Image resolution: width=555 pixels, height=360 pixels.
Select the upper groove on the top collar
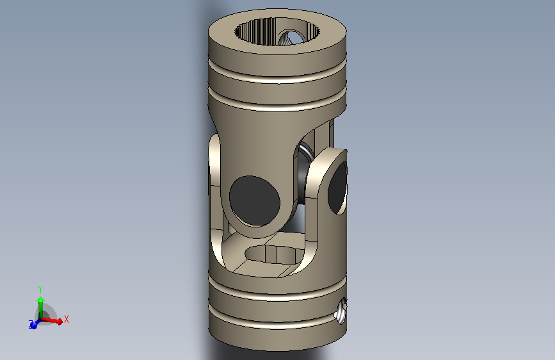point(277,78)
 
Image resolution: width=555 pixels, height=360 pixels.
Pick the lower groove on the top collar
point(277,106)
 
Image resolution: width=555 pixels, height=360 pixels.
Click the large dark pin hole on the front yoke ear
point(254,200)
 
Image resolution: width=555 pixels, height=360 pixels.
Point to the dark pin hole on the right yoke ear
point(337,188)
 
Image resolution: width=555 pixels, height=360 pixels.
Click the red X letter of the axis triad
point(66,318)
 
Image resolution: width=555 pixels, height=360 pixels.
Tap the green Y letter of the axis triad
point(40,289)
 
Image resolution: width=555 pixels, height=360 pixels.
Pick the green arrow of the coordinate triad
point(40,304)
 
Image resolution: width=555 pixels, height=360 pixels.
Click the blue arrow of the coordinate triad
point(34,325)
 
